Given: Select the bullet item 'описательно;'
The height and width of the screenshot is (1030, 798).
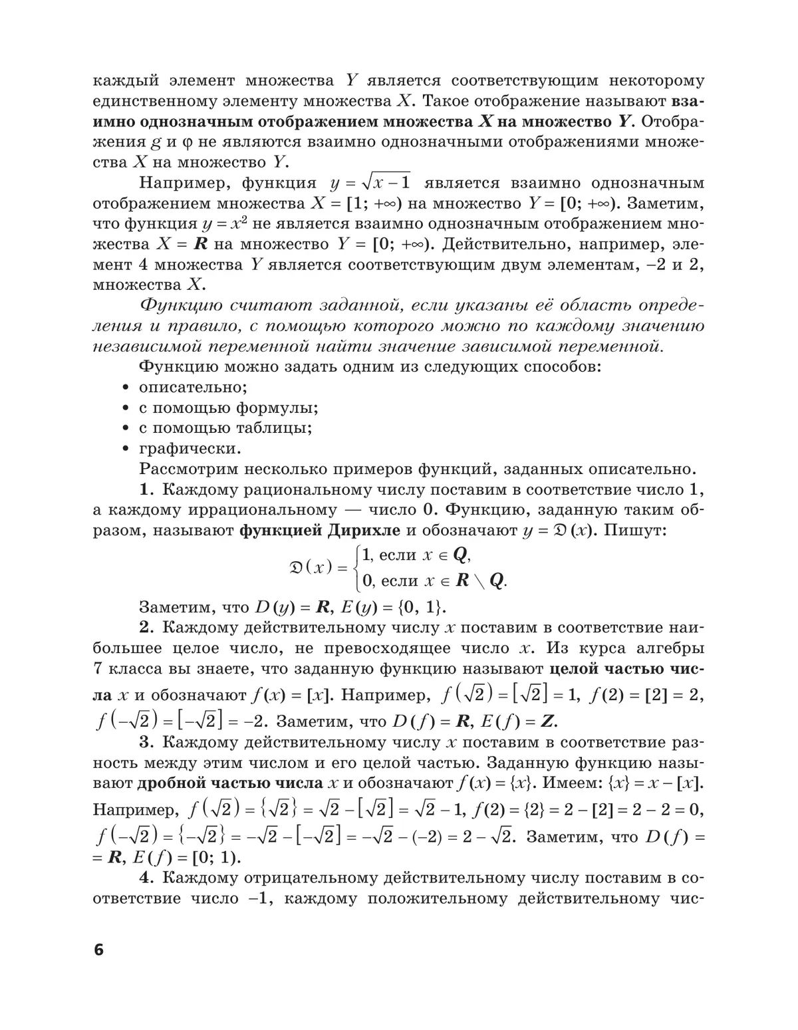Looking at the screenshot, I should (193, 387).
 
